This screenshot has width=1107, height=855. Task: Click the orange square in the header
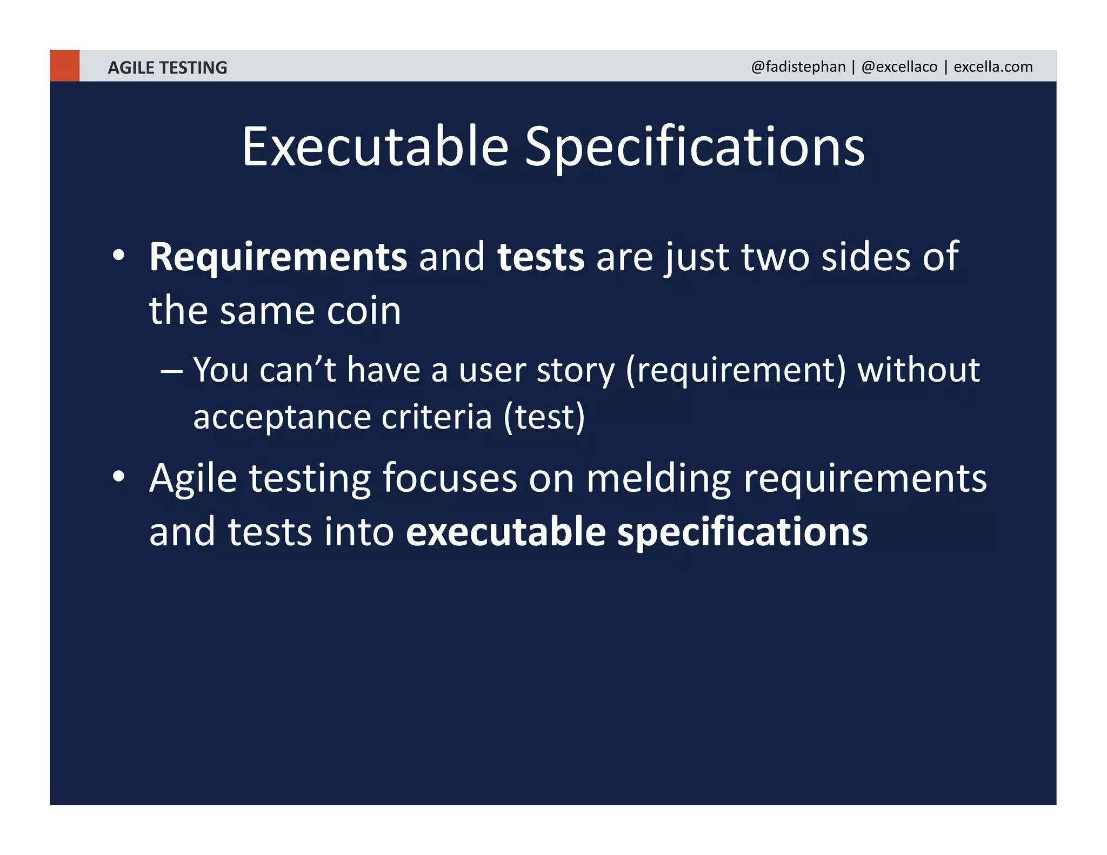click(64, 66)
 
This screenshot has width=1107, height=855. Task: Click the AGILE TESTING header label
click(167, 68)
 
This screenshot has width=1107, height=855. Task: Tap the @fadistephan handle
click(798, 66)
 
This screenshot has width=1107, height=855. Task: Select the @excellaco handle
click(899, 66)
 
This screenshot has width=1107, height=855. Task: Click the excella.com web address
click(992, 66)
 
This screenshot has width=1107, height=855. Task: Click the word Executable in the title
click(375, 146)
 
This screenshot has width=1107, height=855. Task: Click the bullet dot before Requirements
click(119, 255)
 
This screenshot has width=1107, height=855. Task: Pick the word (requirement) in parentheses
click(735, 371)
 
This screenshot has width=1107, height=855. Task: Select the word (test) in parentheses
click(544, 417)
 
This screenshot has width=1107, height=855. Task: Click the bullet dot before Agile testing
click(119, 477)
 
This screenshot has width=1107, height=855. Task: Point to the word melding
click(658, 479)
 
